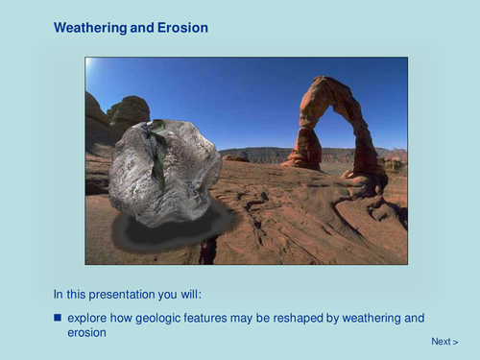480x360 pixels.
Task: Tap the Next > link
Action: (x=444, y=342)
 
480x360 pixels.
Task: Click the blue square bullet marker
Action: (x=58, y=318)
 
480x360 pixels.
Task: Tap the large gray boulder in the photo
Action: (x=163, y=173)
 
